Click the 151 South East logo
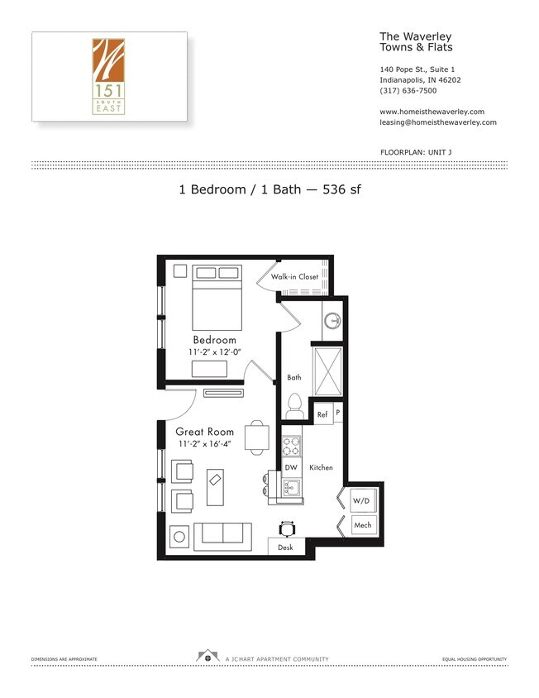(x=108, y=76)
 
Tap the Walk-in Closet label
(x=295, y=277)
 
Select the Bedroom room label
(x=214, y=340)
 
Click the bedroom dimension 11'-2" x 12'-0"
(x=214, y=353)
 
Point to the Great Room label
(x=204, y=432)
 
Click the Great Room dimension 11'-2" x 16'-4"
(x=204, y=444)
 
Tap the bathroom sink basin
(x=332, y=320)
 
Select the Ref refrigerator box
(x=322, y=413)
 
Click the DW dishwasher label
(x=290, y=467)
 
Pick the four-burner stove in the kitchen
(x=292, y=447)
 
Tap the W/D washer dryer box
(x=361, y=501)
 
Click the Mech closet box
(x=362, y=525)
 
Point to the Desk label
(x=285, y=547)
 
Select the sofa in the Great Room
(x=222, y=535)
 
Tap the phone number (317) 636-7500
(x=408, y=91)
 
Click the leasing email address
(x=437, y=122)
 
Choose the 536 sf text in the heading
(x=342, y=189)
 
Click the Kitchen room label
(x=321, y=467)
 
